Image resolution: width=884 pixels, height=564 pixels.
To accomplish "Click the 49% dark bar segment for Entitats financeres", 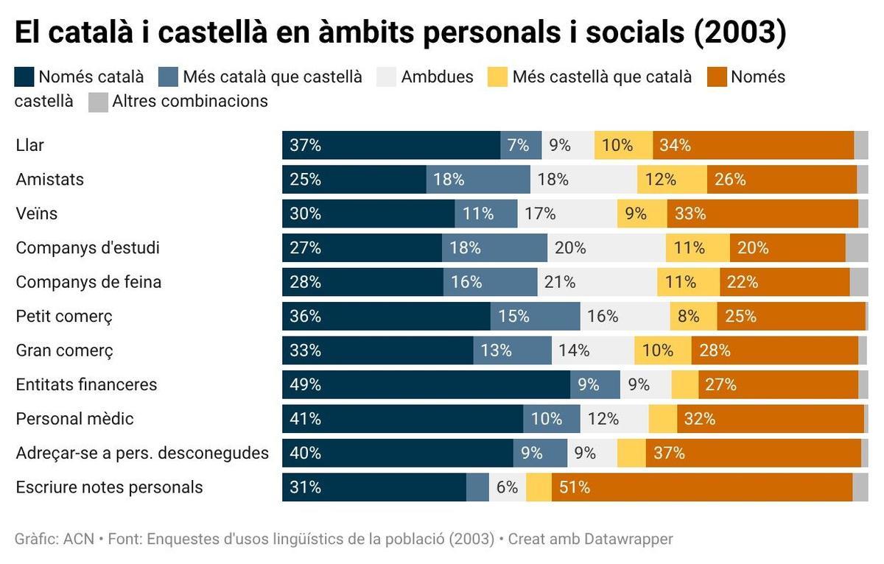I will click(x=426, y=384).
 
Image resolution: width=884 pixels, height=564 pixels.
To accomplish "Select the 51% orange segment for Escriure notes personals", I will click(x=701, y=487).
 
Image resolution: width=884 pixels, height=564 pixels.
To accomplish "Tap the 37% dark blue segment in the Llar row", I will click(x=390, y=145).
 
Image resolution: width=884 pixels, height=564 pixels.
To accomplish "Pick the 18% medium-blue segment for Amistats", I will click(x=478, y=180).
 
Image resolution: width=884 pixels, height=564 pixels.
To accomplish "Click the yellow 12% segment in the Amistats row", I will click(x=672, y=180).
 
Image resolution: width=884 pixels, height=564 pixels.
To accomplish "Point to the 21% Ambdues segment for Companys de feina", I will click(x=597, y=282).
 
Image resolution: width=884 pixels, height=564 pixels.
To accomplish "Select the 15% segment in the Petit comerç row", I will click(x=536, y=317).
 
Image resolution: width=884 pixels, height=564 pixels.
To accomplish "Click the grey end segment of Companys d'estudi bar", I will click(x=857, y=248).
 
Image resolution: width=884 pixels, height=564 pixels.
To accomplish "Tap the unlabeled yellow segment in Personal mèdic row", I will click(x=662, y=419).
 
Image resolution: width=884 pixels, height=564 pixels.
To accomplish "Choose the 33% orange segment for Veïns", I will click(x=762, y=214).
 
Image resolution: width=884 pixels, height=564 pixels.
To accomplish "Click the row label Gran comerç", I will click(x=65, y=350).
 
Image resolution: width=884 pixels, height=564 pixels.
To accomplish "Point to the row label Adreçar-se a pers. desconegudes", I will click(x=142, y=453).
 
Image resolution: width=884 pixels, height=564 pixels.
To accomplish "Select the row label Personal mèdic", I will click(x=75, y=419).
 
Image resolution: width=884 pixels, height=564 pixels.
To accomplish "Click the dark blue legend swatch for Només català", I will click(x=24, y=77).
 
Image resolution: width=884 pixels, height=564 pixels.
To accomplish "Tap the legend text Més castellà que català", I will click(x=602, y=77).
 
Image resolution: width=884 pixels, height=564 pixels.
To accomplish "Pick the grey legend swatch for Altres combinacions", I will click(x=98, y=102).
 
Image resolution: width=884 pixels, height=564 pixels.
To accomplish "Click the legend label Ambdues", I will click(x=437, y=77).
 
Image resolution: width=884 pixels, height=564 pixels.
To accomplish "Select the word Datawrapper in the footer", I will click(x=628, y=539).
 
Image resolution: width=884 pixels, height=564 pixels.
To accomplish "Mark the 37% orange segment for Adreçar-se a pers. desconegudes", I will click(x=753, y=453).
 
